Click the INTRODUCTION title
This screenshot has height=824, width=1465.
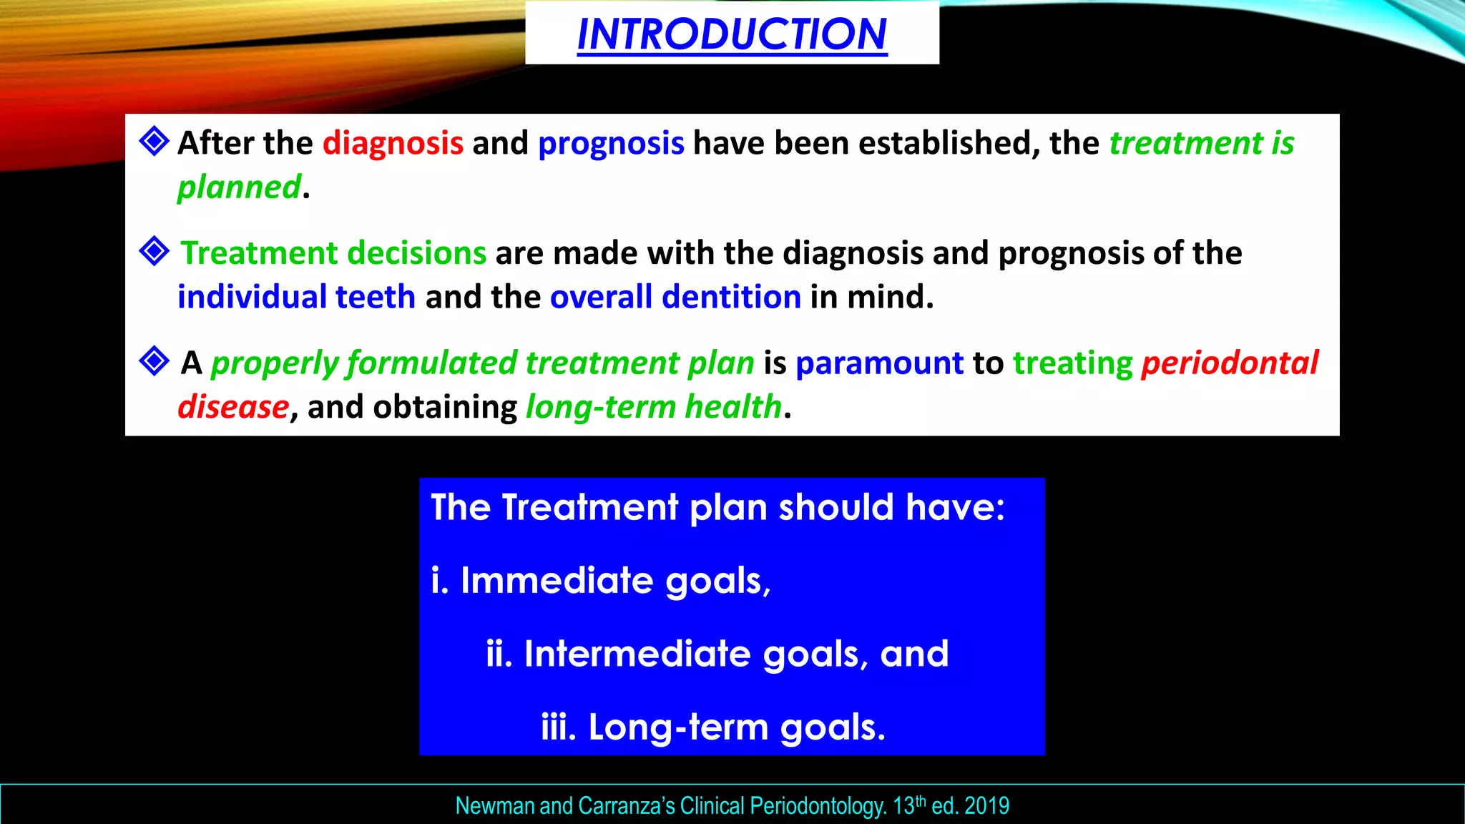tap(732, 34)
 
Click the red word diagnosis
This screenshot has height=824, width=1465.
tap(393, 143)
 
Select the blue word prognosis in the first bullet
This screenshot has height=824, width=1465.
tap(611, 143)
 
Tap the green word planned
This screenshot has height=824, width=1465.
tap(239, 187)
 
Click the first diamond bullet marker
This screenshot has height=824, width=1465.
tap(154, 141)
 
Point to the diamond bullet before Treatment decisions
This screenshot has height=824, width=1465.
tap(154, 251)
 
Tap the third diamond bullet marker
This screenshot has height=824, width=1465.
tap(154, 361)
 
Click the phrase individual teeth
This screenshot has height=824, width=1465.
tap(296, 297)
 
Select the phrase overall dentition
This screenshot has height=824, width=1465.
tap(675, 297)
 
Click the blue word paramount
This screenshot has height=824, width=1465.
tap(879, 363)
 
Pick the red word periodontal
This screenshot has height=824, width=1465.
tap(1229, 363)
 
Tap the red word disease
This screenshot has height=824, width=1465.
tap(233, 407)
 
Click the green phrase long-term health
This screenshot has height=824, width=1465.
tap(654, 407)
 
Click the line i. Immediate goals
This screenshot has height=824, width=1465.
tap(601, 580)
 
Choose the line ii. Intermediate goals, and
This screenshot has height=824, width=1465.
tap(717, 654)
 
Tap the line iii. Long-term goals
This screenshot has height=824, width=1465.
tap(712, 727)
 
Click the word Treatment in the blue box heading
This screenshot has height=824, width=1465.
tap(589, 508)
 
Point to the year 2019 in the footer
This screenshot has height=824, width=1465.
tap(986, 806)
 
